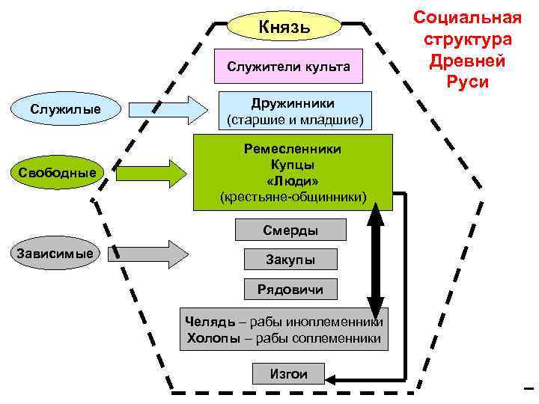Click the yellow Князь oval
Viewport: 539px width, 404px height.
tap(284, 28)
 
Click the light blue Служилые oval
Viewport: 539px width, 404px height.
tap(65, 111)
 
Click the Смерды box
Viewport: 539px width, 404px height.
tap(290, 230)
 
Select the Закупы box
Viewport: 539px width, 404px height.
tap(290, 260)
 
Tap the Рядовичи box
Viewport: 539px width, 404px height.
tap(290, 289)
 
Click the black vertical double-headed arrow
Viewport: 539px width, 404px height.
tap(375, 254)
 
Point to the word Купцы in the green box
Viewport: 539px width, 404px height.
tap(293, 165)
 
